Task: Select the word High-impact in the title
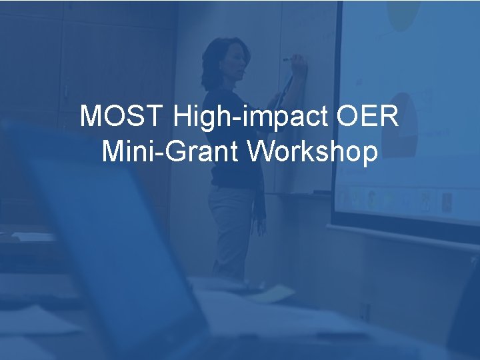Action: click(x=251, y=117)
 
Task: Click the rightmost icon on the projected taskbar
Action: click(x=445, y=199)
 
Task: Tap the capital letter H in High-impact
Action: click(x=181, y=117)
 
